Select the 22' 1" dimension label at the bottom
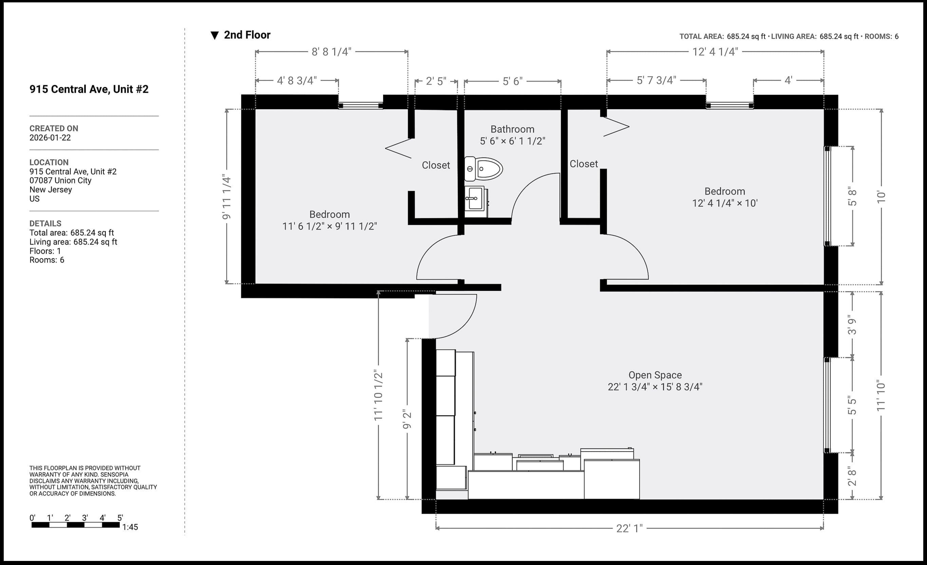pyautogui.click(x=629, y=528)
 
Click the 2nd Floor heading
pyautogui.click(x=247, y=35)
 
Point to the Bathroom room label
pyautogui.click(x=512, y=129)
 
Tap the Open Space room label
pyautogui.click(x=655, y=375)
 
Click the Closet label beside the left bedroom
pyautogui.click(x=436, y=165)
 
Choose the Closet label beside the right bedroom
pyautogui.click(x=584, y=164)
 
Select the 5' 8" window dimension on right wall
pyautogui.click(x=852, y=196)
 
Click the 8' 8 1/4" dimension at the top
pyautogui.click(x=331, y=52)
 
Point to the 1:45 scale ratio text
pyautogui.click(x=130, y=527)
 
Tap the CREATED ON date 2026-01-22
pyautogui.click(x=50, y=138)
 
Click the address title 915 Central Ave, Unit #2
pyautogui.click(x=89, y=89)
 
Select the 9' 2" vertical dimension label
pyautogui.click(x=407, y=419)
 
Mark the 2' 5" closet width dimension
pyautogui.click(x=436, y=81)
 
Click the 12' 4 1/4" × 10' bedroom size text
pyautogui.click(x=724, y=203)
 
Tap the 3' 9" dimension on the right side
pyautogui.click(x=852, y=325)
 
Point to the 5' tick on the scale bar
pyautogui.click(x=120, y=518)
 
